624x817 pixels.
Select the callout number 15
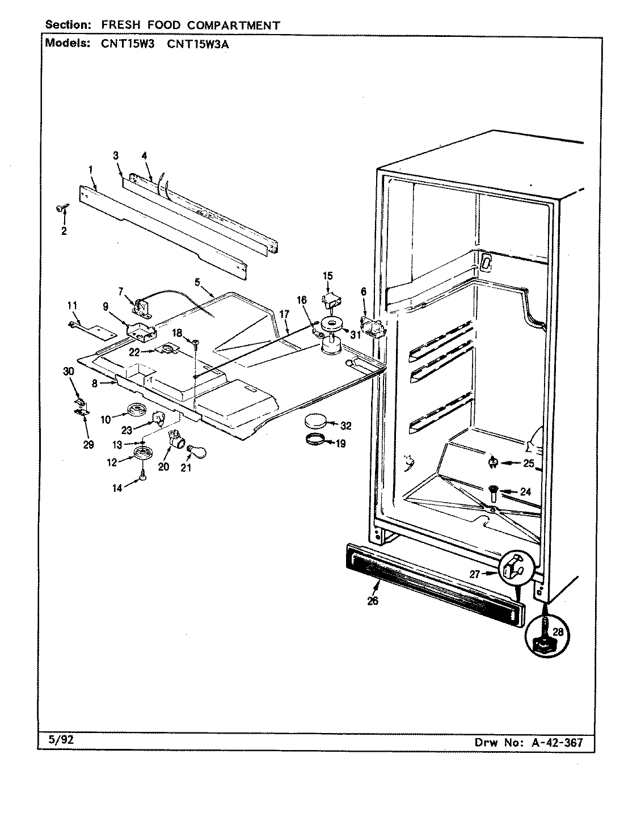point(328,276)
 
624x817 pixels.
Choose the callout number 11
point(71,305)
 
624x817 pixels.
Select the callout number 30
point(69,371)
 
